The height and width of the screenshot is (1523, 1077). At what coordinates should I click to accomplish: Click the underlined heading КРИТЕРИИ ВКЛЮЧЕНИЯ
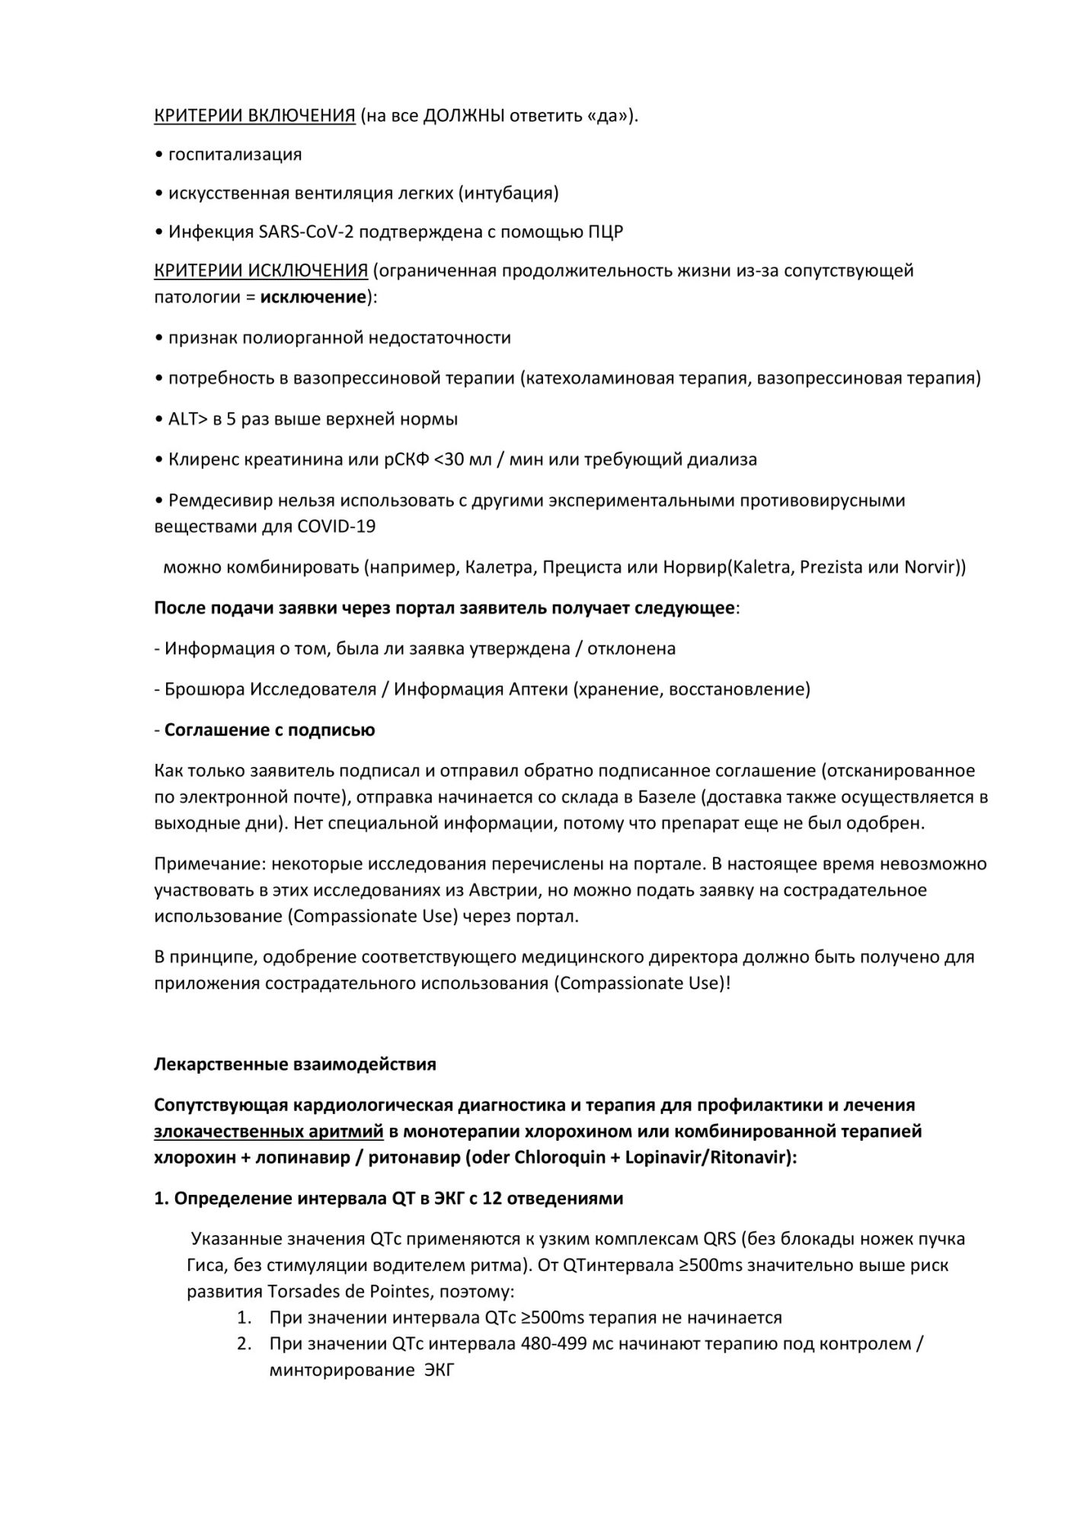(x=254, y=116)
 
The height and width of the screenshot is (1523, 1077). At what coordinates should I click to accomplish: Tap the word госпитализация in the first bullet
(x=235, y=155)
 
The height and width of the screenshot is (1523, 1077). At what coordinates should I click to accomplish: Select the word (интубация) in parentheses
(x=508, y=193)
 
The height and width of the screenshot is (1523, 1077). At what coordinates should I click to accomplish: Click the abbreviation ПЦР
(x=606, y=232)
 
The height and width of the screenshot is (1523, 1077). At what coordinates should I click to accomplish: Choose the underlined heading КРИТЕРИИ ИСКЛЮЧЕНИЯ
(x=261, y=270)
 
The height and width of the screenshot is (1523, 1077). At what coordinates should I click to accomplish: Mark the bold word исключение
(x=313, y=296)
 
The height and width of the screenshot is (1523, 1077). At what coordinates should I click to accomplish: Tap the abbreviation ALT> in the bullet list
(x=188, y=419)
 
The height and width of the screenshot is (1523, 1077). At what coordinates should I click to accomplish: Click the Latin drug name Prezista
(x=835, y=567)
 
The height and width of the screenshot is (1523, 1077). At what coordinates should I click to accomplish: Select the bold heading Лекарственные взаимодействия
(x=295, y=1064)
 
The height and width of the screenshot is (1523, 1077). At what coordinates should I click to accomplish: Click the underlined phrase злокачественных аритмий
(x=269, y=1131)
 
